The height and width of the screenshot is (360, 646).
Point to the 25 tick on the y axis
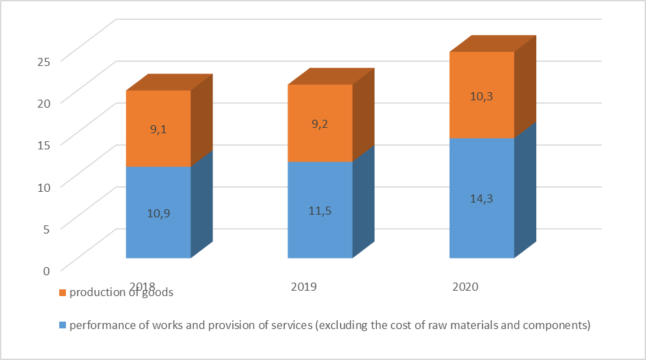tap(44, 61)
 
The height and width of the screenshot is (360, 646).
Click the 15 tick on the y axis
tap(44, 145)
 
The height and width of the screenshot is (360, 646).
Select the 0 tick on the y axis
tap(46, 271)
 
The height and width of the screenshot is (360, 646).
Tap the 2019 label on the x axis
tap(304, 286)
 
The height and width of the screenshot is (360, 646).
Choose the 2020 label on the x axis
tap(465, 286)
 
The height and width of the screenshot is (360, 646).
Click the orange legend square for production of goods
tap(63, 293)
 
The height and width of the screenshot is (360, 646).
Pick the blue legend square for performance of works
tap(63, 326)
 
